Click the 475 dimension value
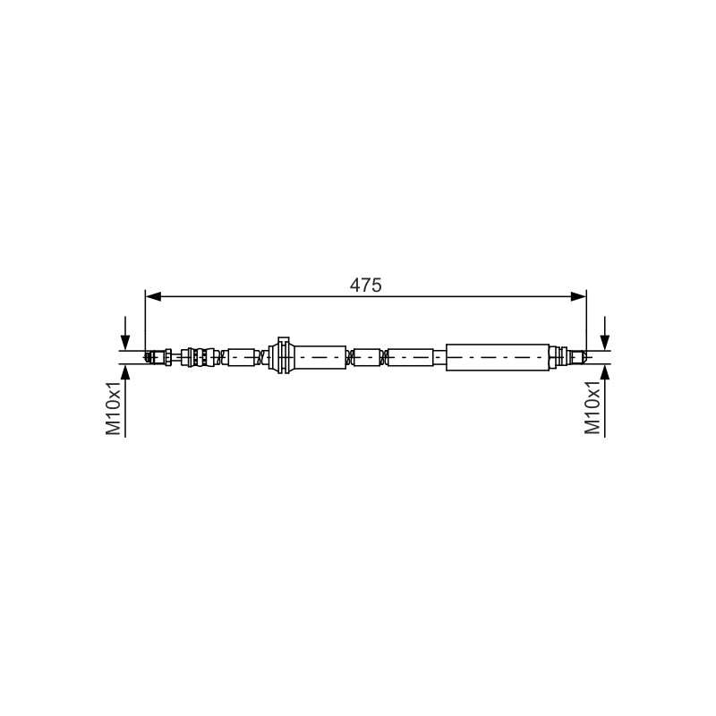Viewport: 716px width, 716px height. [365, 285]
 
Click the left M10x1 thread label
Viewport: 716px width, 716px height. [114, 408]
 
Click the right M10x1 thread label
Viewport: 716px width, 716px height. [592, 408]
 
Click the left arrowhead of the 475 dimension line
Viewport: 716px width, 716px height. [153, 297]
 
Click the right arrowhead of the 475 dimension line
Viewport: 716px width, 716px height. [578, 297]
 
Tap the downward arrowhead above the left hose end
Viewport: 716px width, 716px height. [124, 342]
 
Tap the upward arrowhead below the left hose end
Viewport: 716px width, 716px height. [124, 373]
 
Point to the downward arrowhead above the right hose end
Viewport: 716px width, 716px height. [605, 342]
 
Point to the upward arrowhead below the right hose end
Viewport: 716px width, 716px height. [605, 373]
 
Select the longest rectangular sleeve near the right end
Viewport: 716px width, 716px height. [498, 357]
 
